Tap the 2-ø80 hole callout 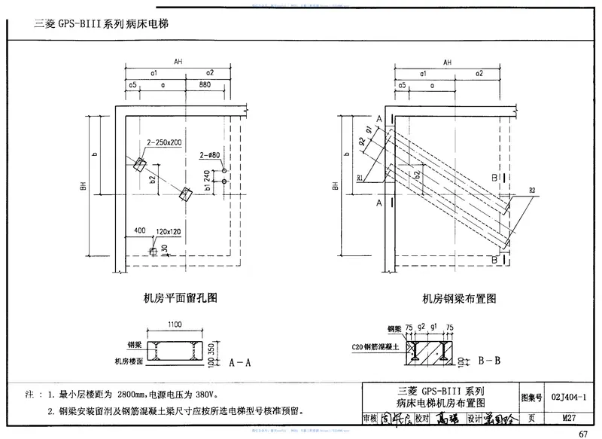pos(210,155)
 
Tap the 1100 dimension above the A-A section pos(175,325)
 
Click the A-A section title pos(239,362)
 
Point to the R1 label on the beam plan pos(362,178)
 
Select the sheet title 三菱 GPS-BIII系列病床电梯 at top pos(101,23)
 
